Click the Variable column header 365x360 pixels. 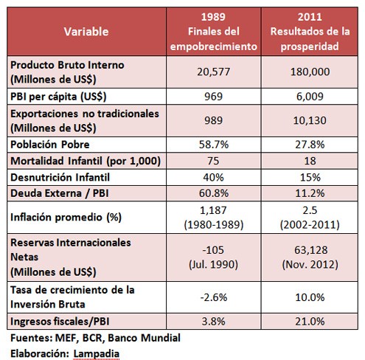pyautogui.click(x=86, y=32)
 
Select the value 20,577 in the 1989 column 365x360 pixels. pyautogui.click(x=213, y=72)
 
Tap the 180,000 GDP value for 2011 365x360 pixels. pyautogui.click(x=310, y=72)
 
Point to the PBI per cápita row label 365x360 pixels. pyautogui.click(x=58, y=97)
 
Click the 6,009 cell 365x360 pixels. pyautogui.click(x=310, y=96)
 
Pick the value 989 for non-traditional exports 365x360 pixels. pyautogui.click(x=213, y=120)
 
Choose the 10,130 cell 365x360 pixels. pyautogui.click(x=310, y=120)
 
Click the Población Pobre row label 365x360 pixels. pyautogui.click(x=50, y=145)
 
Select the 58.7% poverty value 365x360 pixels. pyautogui.click(x=214, y=145)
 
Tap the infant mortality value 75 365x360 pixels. pyautogui.click(x=213, y=161)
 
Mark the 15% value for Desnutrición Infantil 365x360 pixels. pyautogui.click(x=310, y=177)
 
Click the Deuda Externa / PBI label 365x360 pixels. pyautogui.click(x=60, y=193)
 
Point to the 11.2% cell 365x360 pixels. pyautogui.click(x=310, y=193)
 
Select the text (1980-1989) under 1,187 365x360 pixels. pyautogui.click(x=214, y=224)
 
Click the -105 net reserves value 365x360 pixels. pyautogui.click(x=213, y=250)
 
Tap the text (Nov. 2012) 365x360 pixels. pyautogui.click(x=310, y=265)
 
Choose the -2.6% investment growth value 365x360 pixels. pyautogui.click(x=214, y=297)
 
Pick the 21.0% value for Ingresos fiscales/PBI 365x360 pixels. pyautogui.click(x=310, y=322)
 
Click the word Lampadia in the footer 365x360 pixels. pyautogui.click(x=97, y=353)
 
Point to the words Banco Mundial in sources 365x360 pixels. pyautogui.click(x=144, y=338)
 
